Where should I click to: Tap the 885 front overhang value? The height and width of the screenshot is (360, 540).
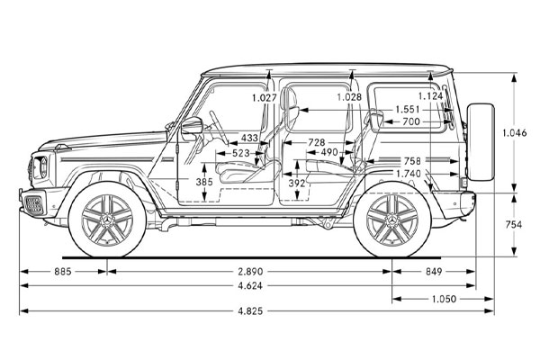[x=63, y=270]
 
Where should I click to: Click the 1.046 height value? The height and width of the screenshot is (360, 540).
[x=515, y=132]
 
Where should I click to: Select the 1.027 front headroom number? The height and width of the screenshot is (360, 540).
[x=264, y=97]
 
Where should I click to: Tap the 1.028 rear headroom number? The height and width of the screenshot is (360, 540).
[x=349, y=97]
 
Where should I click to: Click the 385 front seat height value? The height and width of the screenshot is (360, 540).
[x=205, y=182]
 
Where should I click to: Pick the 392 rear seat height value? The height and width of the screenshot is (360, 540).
[x=297, y=183]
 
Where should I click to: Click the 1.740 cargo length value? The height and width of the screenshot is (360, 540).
[x=408, y=173]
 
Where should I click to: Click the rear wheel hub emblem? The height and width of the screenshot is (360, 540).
[x=391, y=220]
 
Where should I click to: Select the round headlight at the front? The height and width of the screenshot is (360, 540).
[x=40, y=166]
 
